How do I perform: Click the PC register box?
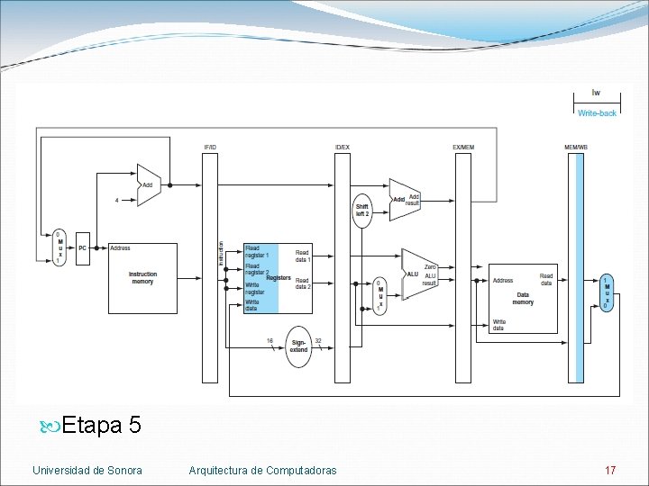pos(83,247)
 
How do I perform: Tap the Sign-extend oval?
pos(299,346)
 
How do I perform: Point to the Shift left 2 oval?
pos(362,210)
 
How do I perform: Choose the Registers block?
pos(278,277)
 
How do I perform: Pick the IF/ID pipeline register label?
pos(210,146)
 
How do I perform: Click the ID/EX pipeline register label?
pos(343,146)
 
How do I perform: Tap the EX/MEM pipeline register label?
pos(463,146)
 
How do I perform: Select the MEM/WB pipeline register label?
pos(576,146)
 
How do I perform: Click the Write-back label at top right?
pos(597,113)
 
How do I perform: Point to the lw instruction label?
pos(597,93)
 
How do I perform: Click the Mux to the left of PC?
pos(59,247)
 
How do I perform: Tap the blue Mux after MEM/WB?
pos(607,292)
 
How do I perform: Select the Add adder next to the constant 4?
pos(148,184)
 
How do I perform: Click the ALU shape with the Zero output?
pos(418,274)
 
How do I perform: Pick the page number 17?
pos(610,470)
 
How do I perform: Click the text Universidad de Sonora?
pos(87,470)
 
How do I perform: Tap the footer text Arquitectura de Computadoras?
pos(263,470)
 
